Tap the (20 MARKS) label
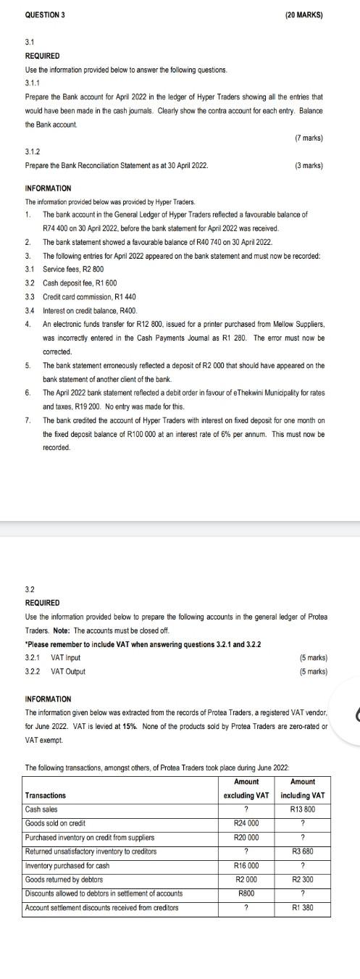[300, 14]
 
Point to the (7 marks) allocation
[309, 138]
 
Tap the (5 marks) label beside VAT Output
[313, 672]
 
